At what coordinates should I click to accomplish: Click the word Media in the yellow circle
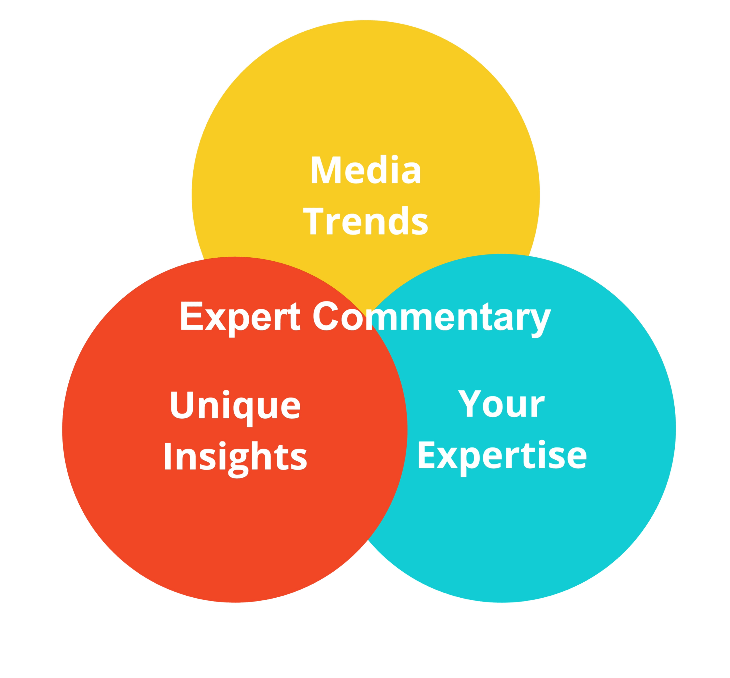tap(366, 171)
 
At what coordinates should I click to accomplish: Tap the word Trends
tap(367, 221)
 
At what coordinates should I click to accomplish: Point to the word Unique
tap(235, 406)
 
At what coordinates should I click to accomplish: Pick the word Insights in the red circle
tap(235, 457)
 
